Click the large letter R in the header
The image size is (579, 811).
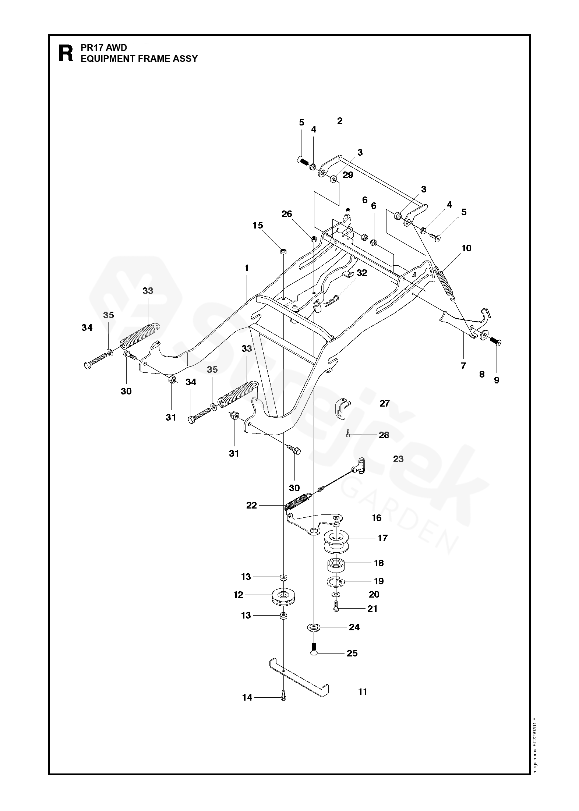[66, 53]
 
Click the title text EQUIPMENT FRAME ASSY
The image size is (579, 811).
[139, 59]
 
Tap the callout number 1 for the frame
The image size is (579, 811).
[246, 268]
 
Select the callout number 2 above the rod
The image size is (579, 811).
[340, 121]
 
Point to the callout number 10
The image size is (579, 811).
[466, 248]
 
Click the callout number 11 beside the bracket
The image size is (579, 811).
[363, 692]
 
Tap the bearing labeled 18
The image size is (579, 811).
[336, 563]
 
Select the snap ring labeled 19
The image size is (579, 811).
[336, 581]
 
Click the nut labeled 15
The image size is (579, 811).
[283, 252]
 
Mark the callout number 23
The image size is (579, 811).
[398, 459]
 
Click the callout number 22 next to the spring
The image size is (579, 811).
[251, 506]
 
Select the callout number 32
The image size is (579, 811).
[362, 273]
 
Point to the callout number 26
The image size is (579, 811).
[287, 213]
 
